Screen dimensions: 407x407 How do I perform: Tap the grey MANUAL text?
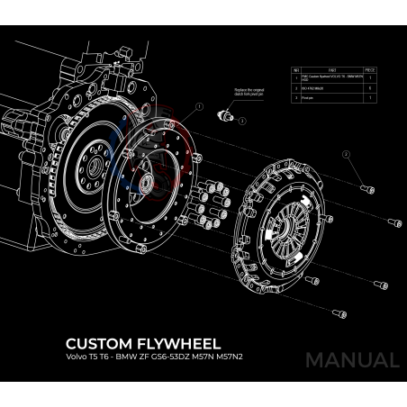click(x=352, y=359)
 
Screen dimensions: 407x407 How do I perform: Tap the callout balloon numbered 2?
click(x=345, y=155)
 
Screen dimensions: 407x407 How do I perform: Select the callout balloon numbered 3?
click(x=242, y=120)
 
